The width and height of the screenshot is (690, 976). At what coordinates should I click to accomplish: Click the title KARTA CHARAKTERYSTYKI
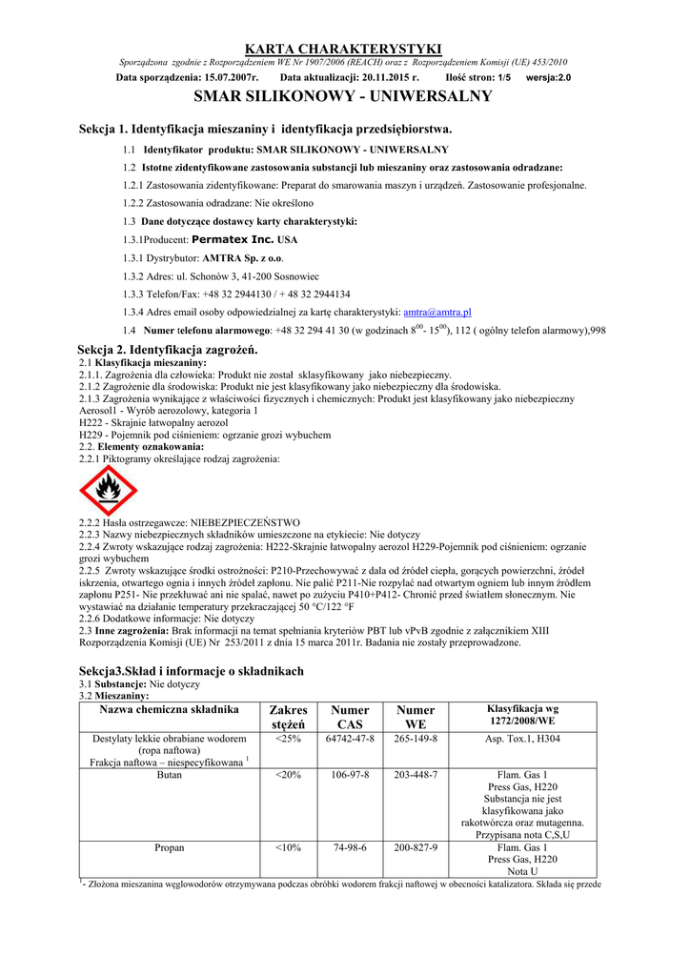pyautogui.click(x=344, y=49)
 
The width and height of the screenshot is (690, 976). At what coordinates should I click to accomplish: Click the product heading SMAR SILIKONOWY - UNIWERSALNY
pyautogui.click(x=343, y=96)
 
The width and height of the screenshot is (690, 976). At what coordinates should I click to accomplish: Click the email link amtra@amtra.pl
pyautogui.click(x=437, y=312)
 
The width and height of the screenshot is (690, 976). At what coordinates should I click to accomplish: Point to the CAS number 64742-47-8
pyautogui.click(x=350, y=739)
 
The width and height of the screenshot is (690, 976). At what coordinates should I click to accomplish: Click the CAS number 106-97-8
pyautogui.click(x=350, y=774)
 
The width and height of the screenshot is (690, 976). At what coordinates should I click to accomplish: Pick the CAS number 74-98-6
pyautogui.click(x=350, y=846)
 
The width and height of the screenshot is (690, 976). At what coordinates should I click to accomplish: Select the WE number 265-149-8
pyautogui.click(x=416, y=739)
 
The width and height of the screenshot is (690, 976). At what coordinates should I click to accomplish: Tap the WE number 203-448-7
pyautogui.click(x=416, y=774)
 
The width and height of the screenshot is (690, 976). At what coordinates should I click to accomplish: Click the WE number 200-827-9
pyautogui.click(x=416, y=846)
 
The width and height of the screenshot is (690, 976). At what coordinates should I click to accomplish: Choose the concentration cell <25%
pyautogui.click(x=288, y=739)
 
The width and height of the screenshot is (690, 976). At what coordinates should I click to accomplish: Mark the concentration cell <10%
pyautogui.click(x=288, y=846)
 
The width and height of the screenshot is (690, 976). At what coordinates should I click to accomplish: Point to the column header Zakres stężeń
pyautogui.click(x=288, y=717)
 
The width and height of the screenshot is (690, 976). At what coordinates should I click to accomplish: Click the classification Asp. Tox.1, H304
pyautogui.click(x=522, y=739)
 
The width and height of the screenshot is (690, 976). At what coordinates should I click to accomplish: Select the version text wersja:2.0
pyautogui.click(x=549, y=76)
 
